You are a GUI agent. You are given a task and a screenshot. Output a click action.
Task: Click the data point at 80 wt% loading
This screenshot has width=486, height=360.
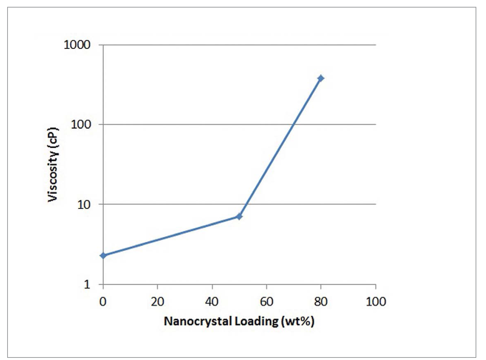321,78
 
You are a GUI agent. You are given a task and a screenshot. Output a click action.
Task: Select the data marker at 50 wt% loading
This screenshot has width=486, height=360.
239,216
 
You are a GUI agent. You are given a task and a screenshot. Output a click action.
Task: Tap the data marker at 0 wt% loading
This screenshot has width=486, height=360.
103,255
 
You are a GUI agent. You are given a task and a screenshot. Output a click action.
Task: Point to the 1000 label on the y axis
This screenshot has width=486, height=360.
77,45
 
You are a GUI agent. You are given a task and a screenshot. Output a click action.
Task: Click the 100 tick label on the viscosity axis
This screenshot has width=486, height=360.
80,125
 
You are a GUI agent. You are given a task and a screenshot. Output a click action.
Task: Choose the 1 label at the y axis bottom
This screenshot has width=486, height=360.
87,284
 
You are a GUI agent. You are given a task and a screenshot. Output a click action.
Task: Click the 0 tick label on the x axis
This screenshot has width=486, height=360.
103,301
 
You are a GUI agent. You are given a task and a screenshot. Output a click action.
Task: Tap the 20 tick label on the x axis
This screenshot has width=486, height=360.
158,301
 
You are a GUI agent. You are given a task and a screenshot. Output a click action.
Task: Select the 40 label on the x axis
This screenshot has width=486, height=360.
212,301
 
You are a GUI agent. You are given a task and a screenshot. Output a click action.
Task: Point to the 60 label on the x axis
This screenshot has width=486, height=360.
266,301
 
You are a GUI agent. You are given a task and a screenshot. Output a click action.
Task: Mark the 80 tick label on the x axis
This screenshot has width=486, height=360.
321,301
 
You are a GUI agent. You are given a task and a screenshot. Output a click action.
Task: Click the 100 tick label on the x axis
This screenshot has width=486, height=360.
376,301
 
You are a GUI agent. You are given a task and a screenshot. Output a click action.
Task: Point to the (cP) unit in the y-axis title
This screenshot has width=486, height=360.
53,137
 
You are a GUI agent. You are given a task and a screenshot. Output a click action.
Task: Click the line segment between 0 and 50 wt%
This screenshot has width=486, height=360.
171,236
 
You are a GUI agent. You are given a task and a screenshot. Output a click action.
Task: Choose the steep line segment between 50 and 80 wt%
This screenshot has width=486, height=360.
280,147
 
